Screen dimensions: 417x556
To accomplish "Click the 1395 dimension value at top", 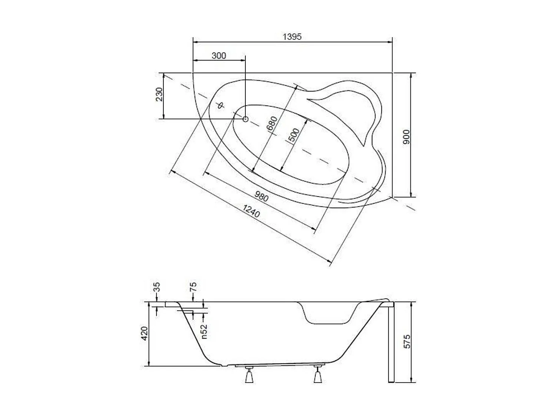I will click(292, 37).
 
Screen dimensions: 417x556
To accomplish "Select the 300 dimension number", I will click(219, 56).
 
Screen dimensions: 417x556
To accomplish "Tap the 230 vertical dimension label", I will click(159, 95).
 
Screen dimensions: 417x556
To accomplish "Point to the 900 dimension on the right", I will click(407, 137).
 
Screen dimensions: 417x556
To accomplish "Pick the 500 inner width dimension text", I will click(294, 136).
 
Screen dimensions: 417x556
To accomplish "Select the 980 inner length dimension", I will click(262, 196).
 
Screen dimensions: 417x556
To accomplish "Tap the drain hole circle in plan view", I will click(245, 119).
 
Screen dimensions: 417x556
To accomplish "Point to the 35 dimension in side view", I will click(156, 287).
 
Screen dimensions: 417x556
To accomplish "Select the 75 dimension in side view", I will click(193, 287).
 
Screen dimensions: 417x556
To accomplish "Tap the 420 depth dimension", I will click(145, 334).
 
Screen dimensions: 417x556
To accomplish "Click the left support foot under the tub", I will click(248, 375).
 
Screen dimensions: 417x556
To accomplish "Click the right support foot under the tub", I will click(318, 375).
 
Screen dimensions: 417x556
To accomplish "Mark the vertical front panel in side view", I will click(391, 343).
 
